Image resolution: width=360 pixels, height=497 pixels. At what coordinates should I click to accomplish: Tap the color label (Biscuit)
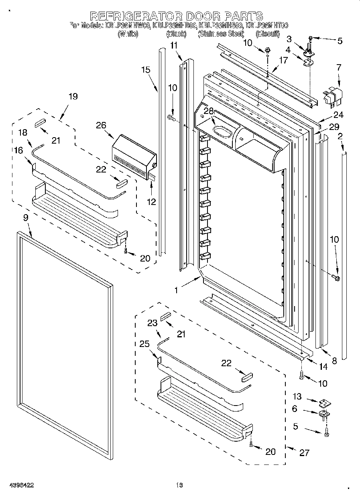267,34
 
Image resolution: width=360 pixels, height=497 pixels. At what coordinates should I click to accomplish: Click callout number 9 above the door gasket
26,219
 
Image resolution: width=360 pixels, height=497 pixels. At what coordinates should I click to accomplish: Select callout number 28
207,111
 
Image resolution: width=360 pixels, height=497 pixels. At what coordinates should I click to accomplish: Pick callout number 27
305,452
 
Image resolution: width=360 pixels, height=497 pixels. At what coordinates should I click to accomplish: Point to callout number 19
73,96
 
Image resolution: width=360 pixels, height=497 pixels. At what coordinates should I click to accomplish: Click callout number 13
297,397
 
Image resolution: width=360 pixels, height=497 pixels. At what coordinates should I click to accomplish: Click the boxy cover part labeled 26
132,154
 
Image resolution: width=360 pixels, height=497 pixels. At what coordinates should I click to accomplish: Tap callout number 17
283,61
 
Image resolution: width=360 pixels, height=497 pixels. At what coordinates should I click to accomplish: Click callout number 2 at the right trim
340,137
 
